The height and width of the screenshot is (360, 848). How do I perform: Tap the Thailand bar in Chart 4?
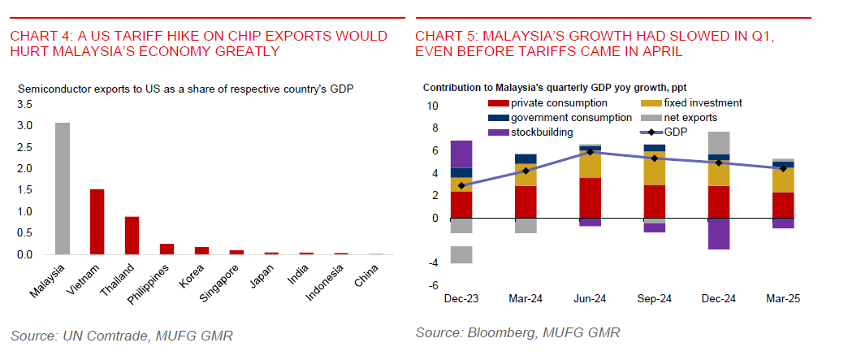(x=132, y=236)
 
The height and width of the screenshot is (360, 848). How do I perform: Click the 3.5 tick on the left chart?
(x=24, y=105)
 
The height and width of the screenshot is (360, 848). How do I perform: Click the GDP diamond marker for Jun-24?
(x=590, y=152)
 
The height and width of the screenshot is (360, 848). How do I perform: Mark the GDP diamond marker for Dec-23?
(x=461, y=186)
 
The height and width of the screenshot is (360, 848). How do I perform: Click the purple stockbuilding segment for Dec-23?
(x=461, y=154)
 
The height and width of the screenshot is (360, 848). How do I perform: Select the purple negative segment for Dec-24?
(x=718, y=233)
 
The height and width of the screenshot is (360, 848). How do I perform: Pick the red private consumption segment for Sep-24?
(x=654, y=202)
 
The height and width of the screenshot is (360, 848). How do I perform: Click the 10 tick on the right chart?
(x=432, y=106)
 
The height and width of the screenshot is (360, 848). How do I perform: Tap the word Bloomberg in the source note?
(x=501, y=333)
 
